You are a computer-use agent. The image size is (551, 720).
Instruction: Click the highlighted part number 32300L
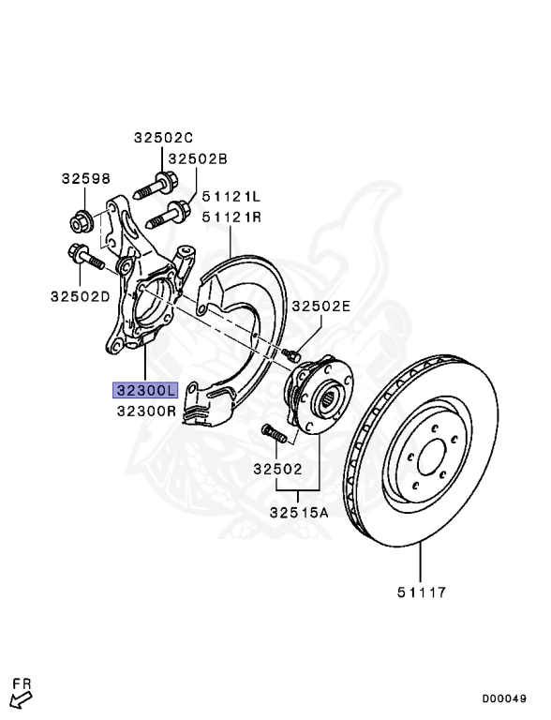pos(145,390)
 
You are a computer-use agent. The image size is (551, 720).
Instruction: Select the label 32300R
pos(146,411)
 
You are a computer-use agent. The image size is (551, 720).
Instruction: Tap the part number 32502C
pos(163,137)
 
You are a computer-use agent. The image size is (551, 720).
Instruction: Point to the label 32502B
pos(198,158)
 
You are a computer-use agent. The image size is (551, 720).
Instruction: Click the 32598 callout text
pos(86,178)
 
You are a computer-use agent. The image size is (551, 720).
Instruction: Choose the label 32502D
pos(81,296)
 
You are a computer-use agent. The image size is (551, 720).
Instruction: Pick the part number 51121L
pos(231,197)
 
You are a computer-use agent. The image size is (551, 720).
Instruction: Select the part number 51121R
pos(231,217)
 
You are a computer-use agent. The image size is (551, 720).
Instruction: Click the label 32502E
pos(321,307)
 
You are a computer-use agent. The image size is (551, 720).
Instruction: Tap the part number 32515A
pos(299,512)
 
